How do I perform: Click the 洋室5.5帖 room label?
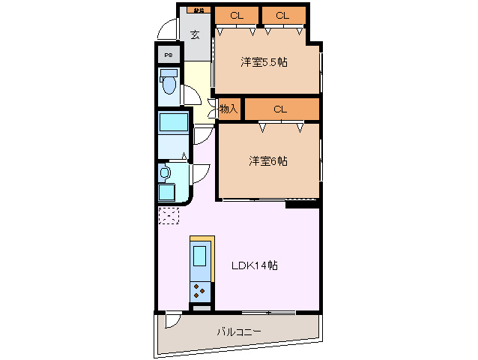(x=264, y=63)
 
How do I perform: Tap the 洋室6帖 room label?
(x=268, y=160)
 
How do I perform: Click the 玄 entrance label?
(x=195, y=34)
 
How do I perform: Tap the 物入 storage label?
(x=228, y=109)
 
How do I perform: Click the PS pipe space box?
(x=168, y=55)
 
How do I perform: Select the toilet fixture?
(x=168, y=84)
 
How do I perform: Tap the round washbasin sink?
(x=166, y=172)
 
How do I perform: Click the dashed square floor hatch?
(x=169, y=215)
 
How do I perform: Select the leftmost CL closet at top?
(x=236, y=15)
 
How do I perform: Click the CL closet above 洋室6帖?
(x=280, y=109)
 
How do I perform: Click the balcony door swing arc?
(x=172, y=319)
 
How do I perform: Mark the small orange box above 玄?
(x=197, y=10)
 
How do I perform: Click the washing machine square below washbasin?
(x=166, y=192)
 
